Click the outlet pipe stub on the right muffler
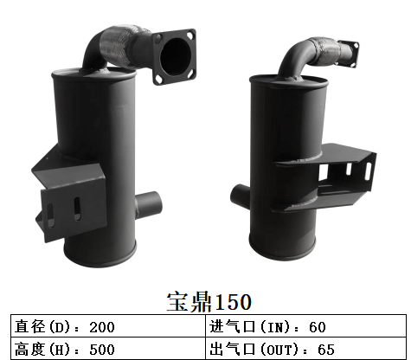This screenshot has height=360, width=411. pyautogui.click(x=240, y=196)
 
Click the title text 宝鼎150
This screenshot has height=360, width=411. pyautogui.click(x=208, y=302)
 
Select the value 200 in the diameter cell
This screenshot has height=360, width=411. pyautogui.click(x=101, y=327)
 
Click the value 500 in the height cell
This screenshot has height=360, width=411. pyautogui.click(x=101, y=349)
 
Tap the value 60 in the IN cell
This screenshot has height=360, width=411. pyautogui.click(x=317, y=327)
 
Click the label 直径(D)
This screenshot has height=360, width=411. pyautogui.click(x=47, y=327)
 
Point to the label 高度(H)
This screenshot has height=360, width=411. pyautogui.click(x=47, y=349)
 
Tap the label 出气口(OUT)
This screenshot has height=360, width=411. pyautogui.click(x=254, y=349)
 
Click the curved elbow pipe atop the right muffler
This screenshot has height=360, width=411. pyautogui.click(x=294, y=61)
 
